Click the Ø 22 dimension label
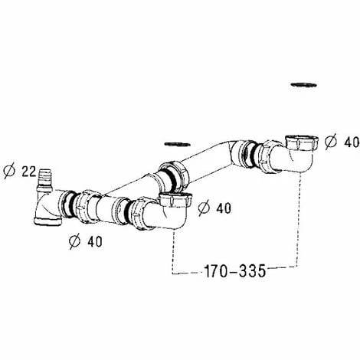(x=20, y=172)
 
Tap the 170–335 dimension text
(x=235, y=270)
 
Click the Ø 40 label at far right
(x=342, y=142)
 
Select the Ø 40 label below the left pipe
(x=86, y=241)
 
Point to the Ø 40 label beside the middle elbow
(x=214, y=208)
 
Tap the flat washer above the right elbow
(x=304, y=84)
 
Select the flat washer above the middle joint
(x=178, y=144)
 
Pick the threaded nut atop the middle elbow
(x=175, y=200)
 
